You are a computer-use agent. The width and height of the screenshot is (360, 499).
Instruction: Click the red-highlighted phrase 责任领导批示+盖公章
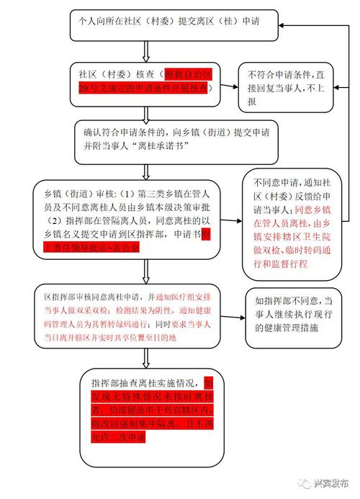172,246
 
